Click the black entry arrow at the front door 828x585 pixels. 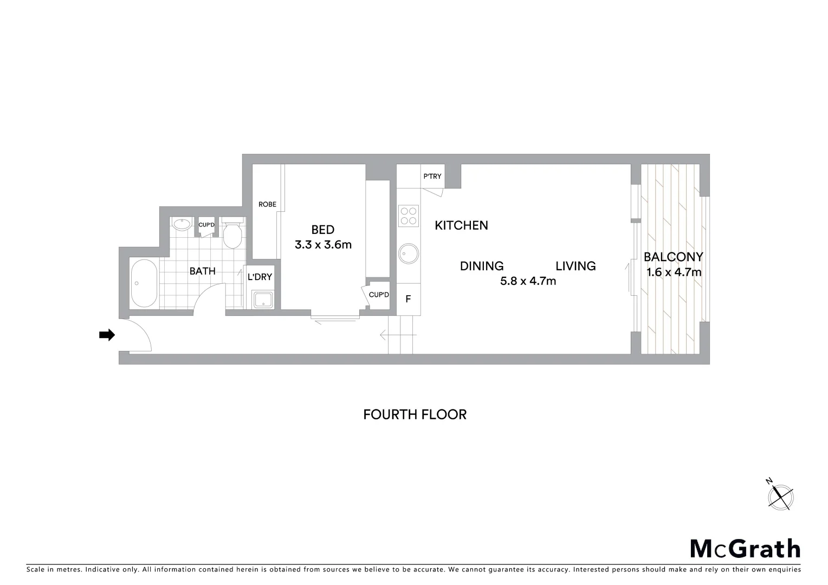point(107,335)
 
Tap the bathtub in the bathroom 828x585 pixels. point(144,283)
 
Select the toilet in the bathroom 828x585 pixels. point(234,235)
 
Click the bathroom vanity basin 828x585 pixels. point(181,225)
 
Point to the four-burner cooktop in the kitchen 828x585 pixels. point(409,216)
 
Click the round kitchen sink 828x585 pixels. point(409,253)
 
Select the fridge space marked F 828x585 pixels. point(408,299)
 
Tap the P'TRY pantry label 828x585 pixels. point(432,177)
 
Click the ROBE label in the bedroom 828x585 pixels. point(267,204)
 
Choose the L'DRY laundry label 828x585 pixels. point(260,277)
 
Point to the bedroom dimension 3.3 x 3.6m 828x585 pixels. point(323,245)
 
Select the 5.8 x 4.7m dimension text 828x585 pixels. point(528,281)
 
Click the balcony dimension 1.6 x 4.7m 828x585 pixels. point(674,272)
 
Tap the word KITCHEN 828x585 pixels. point(461,225)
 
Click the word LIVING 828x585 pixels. point(575,266)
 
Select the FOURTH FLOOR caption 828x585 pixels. point(415,414)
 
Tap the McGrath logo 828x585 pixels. point(745,549)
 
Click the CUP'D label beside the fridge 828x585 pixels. point(379,295)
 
